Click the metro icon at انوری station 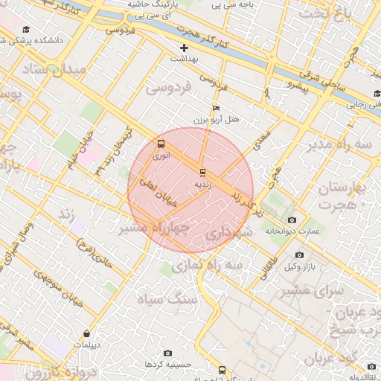click(x=161, y=144)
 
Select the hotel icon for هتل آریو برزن click(x=216, y=109)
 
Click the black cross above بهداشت click(x=184, y=48)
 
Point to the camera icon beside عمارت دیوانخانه click(x=291, y=220)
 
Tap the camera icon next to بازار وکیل click(x=299, y=254)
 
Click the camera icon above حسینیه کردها click(x=167, y=352)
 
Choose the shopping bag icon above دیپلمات click(x=88, y=333)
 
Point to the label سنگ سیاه click(x=167, y=299)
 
